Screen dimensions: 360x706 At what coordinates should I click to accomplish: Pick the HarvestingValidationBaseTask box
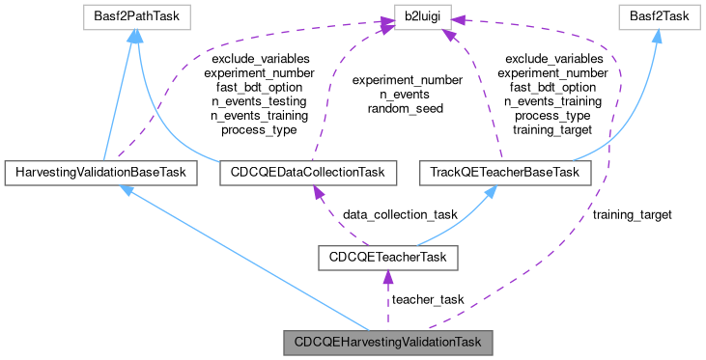(x=101, y=173)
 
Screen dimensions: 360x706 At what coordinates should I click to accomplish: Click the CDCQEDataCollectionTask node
(x=302, y=173)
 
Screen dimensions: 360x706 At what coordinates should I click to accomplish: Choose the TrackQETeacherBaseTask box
(x=504, y=173)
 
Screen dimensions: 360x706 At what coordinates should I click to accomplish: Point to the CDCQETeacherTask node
(x=387, y=258)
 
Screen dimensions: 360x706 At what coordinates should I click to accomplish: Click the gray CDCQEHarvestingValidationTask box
(x=387, y=342)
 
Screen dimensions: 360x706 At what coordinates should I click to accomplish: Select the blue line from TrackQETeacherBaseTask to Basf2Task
(x=637, y=121)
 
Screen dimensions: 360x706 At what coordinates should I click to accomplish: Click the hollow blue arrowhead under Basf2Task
(x=656, y=37)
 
